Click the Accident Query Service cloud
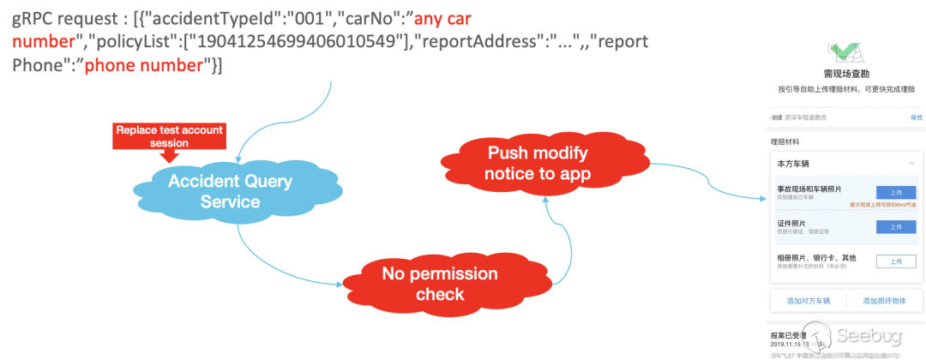230,190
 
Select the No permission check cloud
440,283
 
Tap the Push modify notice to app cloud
538,163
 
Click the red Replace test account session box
169,135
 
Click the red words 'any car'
448,18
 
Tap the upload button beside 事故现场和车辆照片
896,192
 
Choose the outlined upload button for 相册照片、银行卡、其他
896,261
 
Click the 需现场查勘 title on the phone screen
845,75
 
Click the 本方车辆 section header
793,163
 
